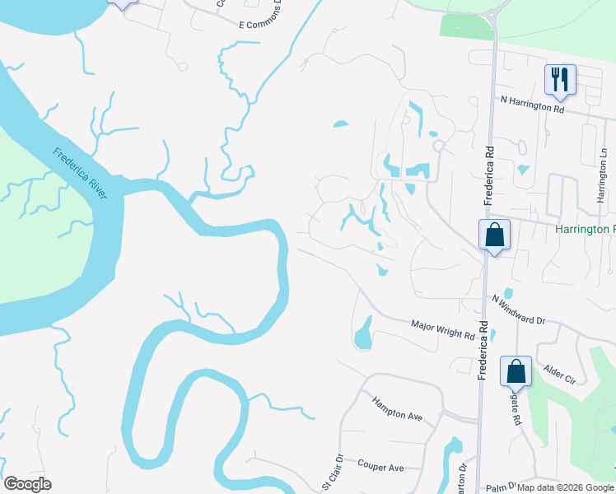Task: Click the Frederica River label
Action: tap(80, 174)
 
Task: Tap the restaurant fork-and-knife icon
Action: tap(559, 80)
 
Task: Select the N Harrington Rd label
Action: tap(533, 104)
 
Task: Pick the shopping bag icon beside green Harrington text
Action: tap(494, 235)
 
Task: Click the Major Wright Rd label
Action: tap(443, 330)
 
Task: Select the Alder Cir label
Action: tap(559, 375)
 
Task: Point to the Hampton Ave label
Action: tap(397, 409)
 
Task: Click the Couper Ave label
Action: tap(380, 466)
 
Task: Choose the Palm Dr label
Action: tap(500, 487)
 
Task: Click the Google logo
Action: tap(27, 484)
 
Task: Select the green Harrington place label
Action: tap(585, 229)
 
